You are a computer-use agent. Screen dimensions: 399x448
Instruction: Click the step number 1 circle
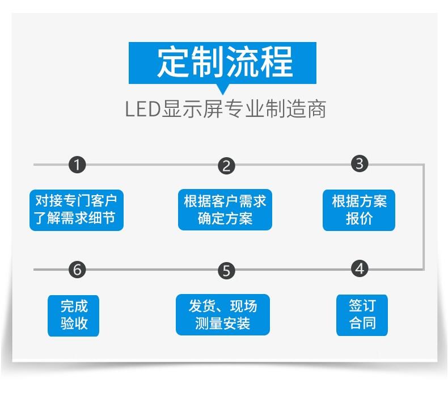click(77, 165)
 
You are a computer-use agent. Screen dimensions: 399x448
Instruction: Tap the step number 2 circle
click(226, 166)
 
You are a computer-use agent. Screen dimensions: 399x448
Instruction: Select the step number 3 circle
click(360, 164)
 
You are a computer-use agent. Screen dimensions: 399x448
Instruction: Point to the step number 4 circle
click(360, 268)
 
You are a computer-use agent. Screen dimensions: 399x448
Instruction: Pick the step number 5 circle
click(226, 271)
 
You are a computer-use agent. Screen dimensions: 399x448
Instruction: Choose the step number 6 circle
click(77, 270)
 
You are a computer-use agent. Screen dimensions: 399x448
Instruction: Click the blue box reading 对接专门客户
click(76, 210)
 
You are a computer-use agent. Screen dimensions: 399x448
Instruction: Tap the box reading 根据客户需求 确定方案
click(225, 210)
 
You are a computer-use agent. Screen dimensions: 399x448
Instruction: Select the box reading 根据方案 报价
click(359, 210)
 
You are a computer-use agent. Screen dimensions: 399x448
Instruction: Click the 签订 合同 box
click(362, 315)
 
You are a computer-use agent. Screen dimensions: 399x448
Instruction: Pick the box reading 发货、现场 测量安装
click(222, 314)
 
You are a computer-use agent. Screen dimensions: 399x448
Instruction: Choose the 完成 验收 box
click(74, 316)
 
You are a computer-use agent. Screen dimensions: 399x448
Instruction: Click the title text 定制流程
click(225, 62)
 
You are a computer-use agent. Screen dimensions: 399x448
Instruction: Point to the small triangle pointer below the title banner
click(223, 89)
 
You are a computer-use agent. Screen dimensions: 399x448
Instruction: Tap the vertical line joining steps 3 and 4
click(424, 216)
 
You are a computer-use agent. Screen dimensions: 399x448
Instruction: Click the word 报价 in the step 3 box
click(359, 219)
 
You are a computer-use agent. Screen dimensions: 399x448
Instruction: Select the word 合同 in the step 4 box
click(362, 324)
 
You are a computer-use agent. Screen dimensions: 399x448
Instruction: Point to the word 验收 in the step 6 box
click(74, 325)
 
